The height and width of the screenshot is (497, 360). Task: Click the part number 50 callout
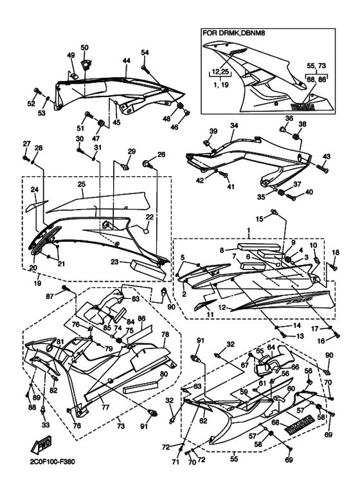pos(84,48)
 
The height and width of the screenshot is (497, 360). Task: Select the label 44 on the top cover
pos(127,60)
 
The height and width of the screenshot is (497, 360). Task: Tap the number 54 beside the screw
pos(145,52)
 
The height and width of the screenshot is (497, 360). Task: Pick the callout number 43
pos(327,157)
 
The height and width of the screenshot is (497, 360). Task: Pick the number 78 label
pos(165,335)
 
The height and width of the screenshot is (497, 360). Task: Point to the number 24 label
pos(35,190)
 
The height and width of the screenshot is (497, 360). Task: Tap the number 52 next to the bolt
pos(30,103)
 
